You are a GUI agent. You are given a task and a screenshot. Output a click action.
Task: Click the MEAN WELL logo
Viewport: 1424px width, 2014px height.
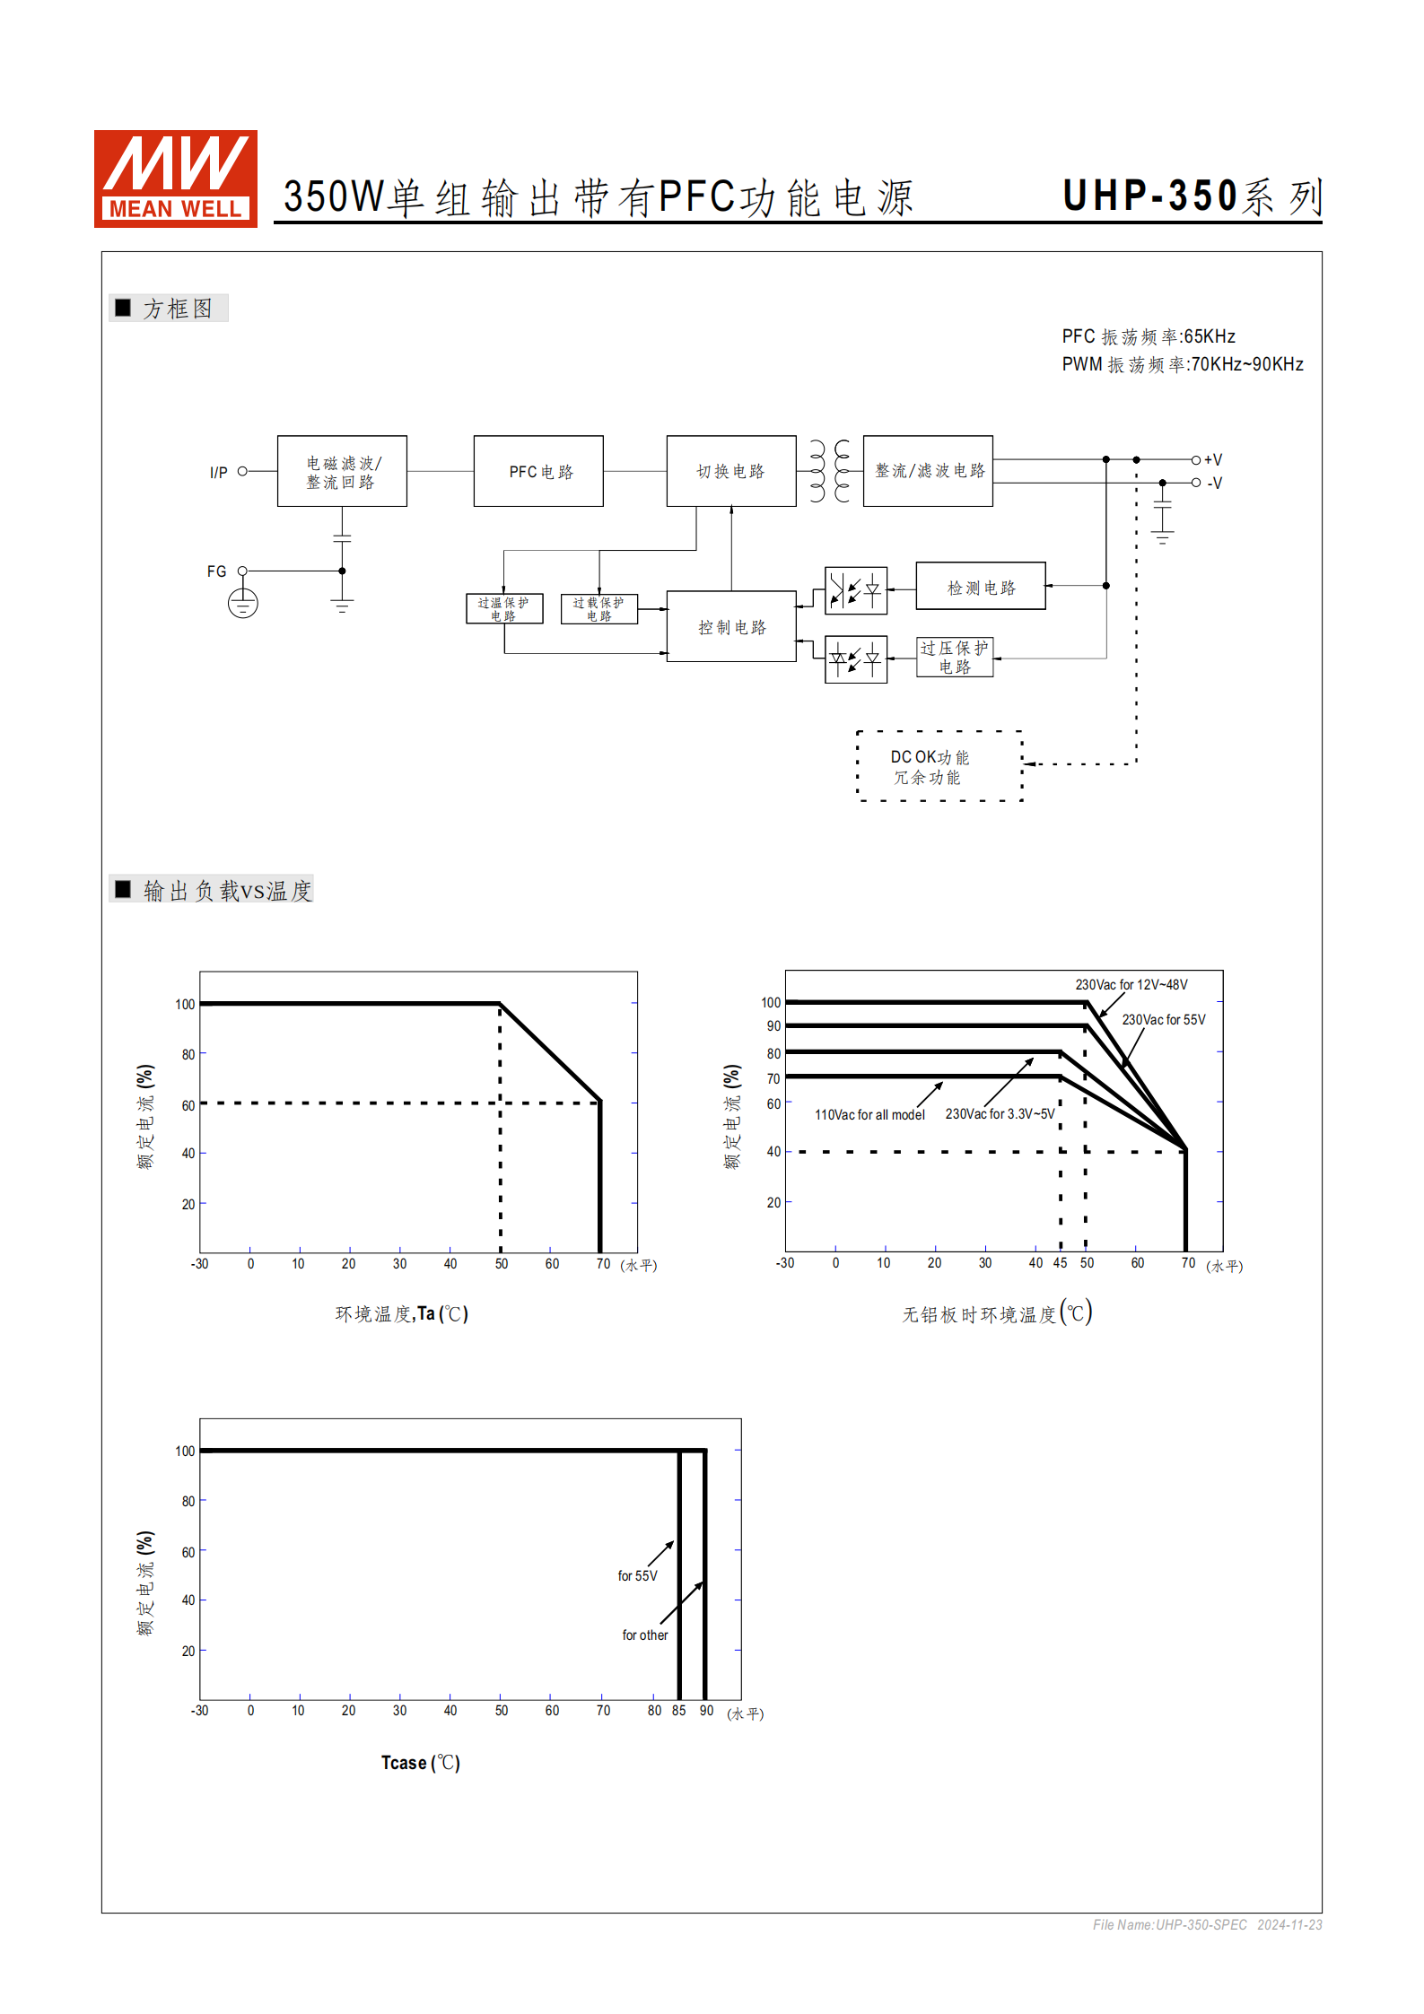click(175, 178)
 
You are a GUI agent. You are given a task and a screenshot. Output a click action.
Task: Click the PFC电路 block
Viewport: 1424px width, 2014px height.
click(538, 471)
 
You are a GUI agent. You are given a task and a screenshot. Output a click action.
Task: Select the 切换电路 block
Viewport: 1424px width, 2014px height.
click(730, 471)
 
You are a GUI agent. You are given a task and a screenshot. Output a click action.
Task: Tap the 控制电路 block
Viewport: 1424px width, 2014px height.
click(730, 626)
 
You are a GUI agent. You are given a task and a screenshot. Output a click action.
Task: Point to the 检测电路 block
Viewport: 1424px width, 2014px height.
click(980, 587)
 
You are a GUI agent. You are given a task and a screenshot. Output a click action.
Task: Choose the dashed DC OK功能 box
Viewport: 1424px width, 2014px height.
click(939, 766)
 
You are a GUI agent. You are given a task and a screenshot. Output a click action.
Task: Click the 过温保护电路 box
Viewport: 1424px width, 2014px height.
click(503, 608)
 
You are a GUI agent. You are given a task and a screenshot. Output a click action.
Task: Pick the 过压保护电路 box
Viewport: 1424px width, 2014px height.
click(954, 657)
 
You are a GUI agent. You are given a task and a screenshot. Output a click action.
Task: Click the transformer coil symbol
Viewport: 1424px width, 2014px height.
click(829, 470)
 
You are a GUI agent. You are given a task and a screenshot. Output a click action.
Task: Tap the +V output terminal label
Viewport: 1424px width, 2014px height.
click(1212, 459)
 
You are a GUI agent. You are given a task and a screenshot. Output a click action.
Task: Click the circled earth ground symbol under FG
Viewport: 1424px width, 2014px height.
click(242, 603)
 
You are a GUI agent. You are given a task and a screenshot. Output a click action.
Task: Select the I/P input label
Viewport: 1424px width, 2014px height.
click(218, 472)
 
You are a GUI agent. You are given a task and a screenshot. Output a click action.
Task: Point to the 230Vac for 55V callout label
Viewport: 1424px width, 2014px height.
click(1163, 1020)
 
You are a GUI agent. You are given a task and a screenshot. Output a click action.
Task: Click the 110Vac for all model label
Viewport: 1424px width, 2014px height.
click(869, 1115)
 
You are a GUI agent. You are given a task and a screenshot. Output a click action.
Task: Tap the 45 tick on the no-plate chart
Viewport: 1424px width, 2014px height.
click(1060, 1263)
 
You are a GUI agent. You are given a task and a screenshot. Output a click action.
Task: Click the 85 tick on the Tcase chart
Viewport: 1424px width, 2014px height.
click(678, 1711)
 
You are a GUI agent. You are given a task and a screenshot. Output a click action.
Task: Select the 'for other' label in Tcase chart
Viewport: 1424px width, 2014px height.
click(644, 1635)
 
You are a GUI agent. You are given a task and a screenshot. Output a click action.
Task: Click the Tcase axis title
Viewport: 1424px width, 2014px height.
click(420, 1763)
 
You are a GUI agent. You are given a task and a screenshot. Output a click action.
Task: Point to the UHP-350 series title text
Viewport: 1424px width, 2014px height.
click(1192, 196)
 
